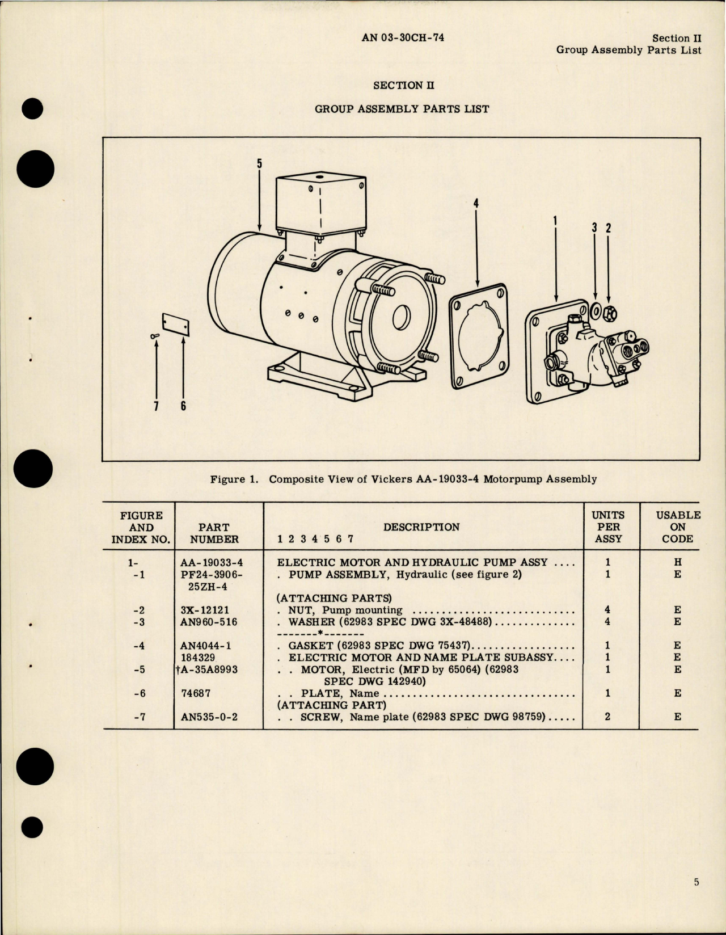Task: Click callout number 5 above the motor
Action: [259, 163]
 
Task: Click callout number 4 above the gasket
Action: [476, 203]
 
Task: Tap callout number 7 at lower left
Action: [155, 406]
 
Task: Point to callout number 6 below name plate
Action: [183, 406]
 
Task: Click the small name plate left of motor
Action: [175, 325]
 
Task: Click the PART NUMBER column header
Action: [214, 533]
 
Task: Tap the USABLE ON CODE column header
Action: [678, 527]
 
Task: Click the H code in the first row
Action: [677, 562]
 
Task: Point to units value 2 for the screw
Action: [607, 717]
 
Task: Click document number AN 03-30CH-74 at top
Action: [402, 38]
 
